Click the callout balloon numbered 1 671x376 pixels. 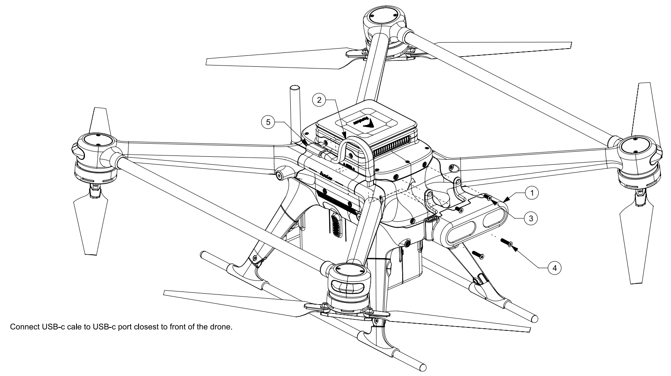(x=532, y=193)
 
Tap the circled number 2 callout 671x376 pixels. (x=319, y=100)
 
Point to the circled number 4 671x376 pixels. (x=554, y=267)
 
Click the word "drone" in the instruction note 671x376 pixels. (x=222, y=327)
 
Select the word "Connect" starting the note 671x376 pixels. (x=24, y=327)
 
